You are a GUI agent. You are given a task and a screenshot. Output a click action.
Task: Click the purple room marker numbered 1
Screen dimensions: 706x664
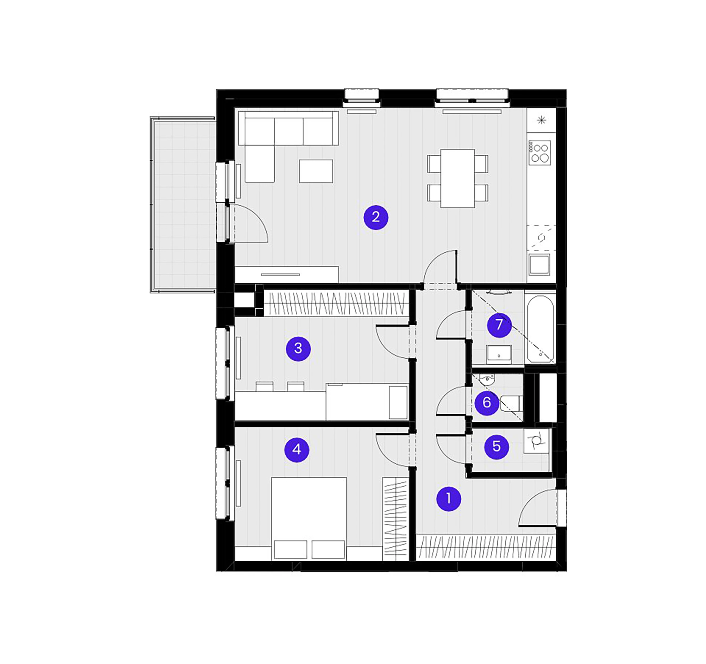point(448,499)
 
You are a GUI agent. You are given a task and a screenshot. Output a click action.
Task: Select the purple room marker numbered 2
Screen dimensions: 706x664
point(376,217)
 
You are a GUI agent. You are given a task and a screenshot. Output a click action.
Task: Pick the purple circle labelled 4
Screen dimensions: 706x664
point(297,450)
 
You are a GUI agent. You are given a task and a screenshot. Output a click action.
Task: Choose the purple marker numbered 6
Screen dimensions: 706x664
point(487,403)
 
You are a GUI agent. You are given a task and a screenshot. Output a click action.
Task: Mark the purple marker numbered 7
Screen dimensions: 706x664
point(499,325)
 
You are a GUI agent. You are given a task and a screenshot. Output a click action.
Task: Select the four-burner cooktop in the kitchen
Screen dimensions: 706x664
point(539,153)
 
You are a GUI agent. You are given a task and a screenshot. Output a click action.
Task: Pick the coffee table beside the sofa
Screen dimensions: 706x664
point(316,171)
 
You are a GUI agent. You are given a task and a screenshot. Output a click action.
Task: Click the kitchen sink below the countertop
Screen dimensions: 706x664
point(539,265)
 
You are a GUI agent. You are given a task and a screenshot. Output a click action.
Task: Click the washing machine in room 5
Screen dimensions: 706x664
point(536,440)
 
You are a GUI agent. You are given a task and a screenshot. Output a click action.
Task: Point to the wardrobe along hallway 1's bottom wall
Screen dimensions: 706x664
point(486,547)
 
